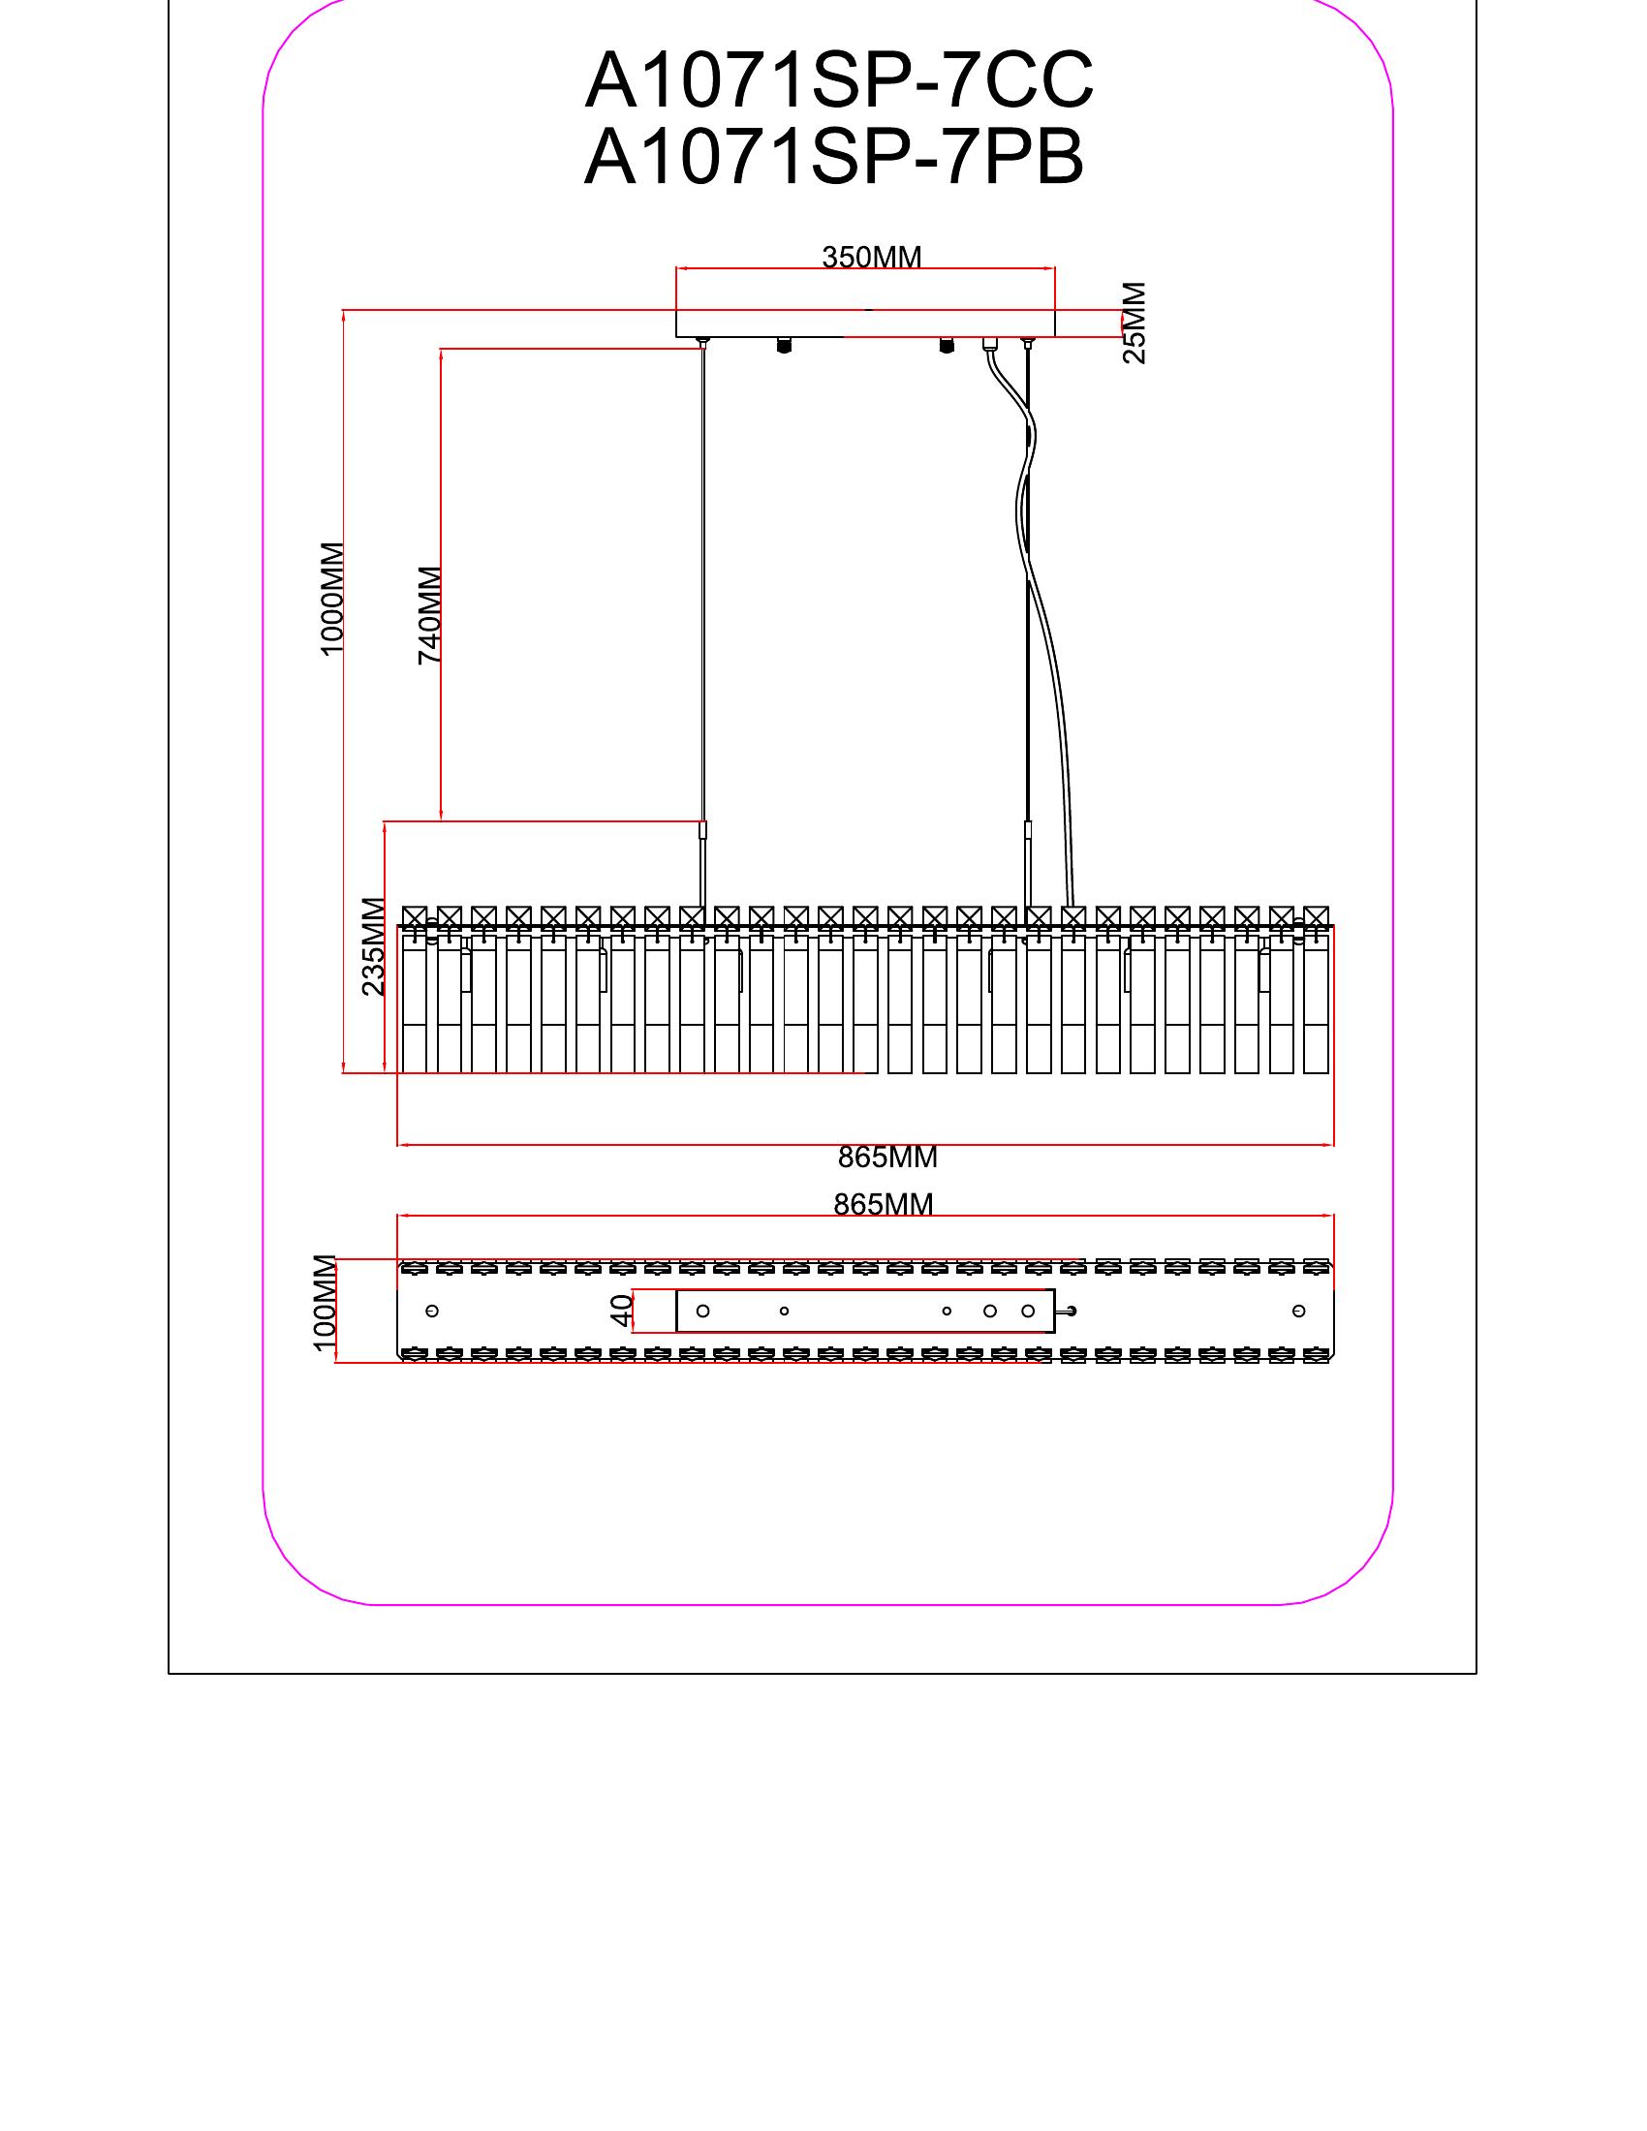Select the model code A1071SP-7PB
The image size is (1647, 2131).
click(833, 159)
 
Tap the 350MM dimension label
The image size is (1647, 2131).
click(871, 258)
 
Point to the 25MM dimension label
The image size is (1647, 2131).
click(1134, 323)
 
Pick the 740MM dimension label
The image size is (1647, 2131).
click(429, 615)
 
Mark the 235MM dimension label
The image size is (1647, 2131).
click(373, 945)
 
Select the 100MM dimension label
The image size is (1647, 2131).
click(325, 1303)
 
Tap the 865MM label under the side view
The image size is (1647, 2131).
click(886, 1158)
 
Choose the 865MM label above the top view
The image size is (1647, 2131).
click(883, 1205)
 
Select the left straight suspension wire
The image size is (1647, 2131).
click(702, 585)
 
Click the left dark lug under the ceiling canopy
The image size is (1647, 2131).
click(783, 346)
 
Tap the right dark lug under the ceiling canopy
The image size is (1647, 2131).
click(945, 346)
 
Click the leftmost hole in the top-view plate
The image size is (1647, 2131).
click(433, 1311)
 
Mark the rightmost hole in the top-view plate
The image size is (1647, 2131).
click(1298, 1311)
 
